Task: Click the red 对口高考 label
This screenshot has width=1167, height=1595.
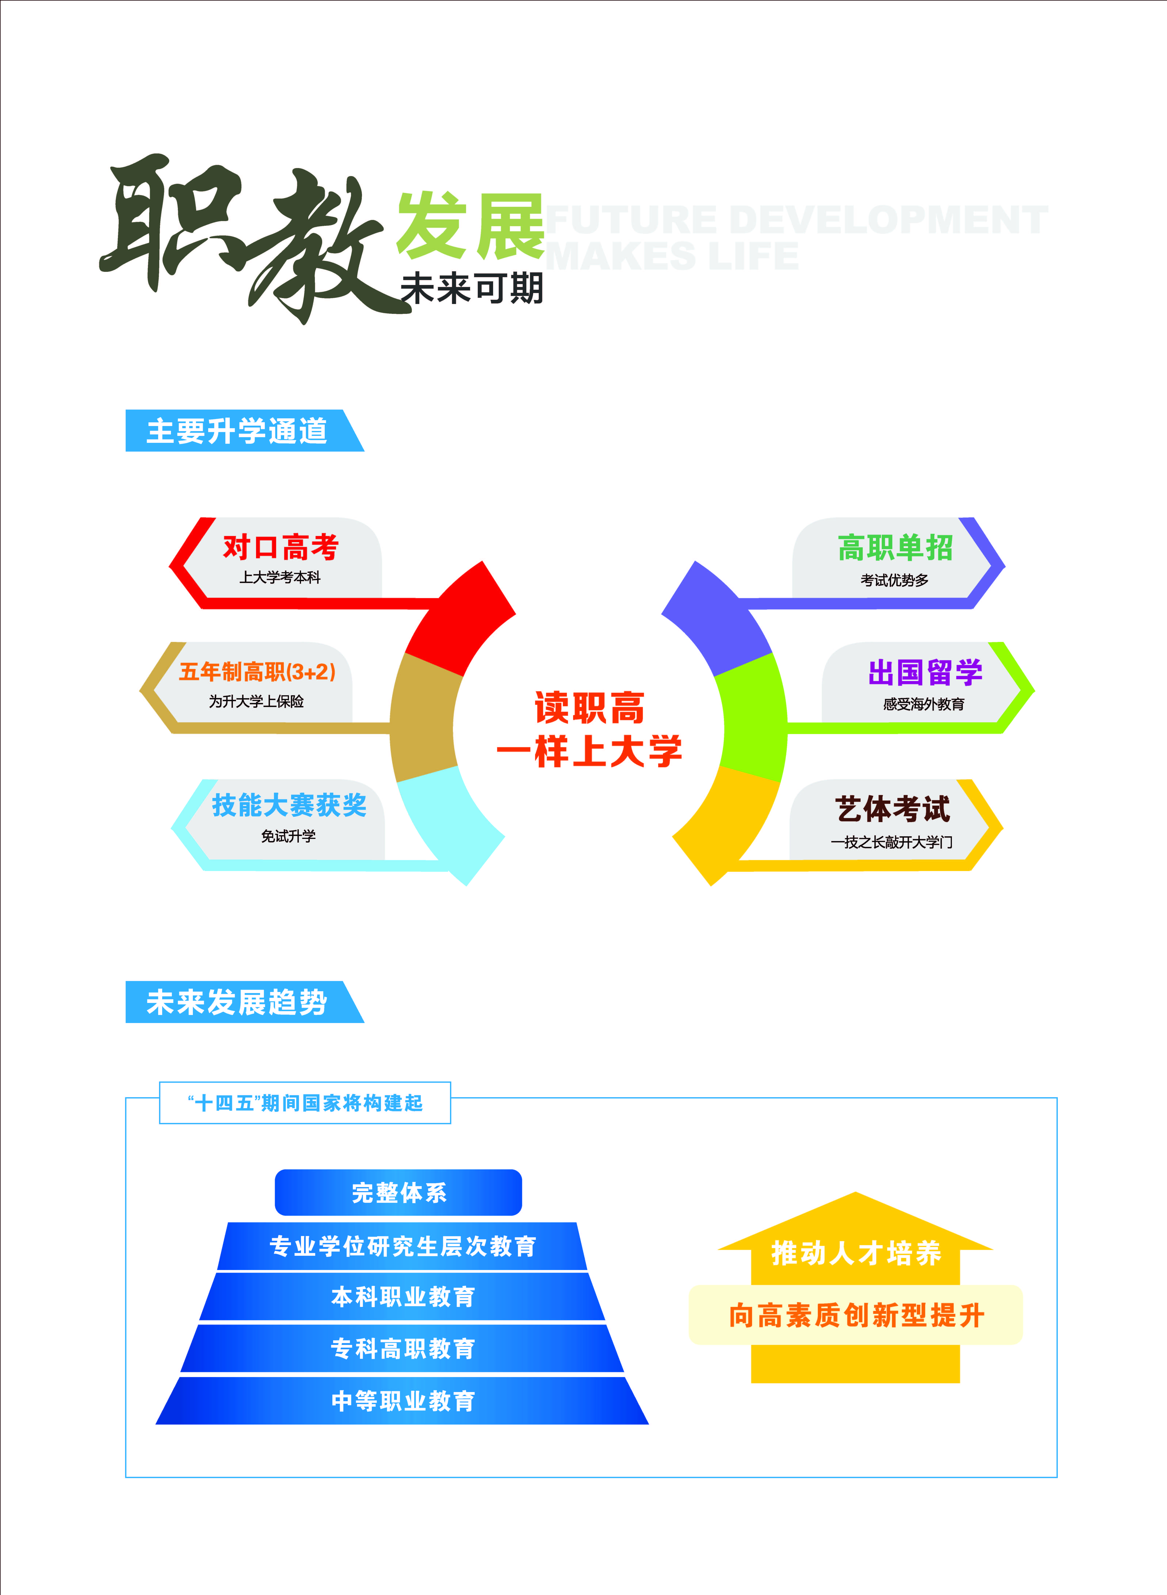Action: (x=281, y=547)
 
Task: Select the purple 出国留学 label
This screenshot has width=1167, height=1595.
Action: (x=925, y=672)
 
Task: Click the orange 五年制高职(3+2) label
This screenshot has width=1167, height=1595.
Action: (x=257, y=671)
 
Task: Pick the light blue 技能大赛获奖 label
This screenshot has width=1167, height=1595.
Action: (x=289, y=804)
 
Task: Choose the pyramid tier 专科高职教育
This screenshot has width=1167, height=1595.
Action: (x=403, y=1348)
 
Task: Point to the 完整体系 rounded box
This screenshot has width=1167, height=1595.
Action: (x=398, y=1192)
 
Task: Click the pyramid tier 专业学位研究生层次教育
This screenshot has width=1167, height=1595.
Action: (x=403, y=1245)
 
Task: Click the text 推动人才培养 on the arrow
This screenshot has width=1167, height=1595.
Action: (x=856, y=1252)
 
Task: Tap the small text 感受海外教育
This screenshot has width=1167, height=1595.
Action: (x=923, y=704)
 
